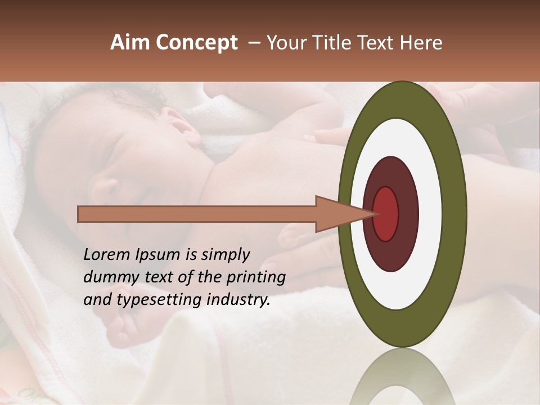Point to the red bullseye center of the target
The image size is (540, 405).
(386, 214)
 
